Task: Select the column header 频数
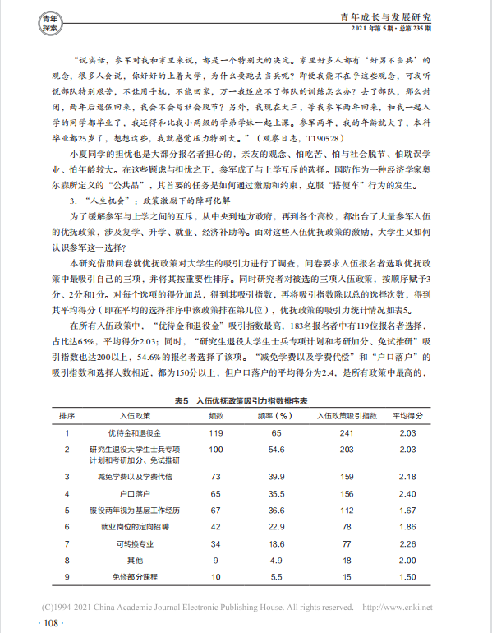coord(215,416)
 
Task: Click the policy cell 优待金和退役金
coord(133,432)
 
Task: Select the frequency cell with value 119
coord(215,432)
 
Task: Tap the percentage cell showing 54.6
coord(277,450)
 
